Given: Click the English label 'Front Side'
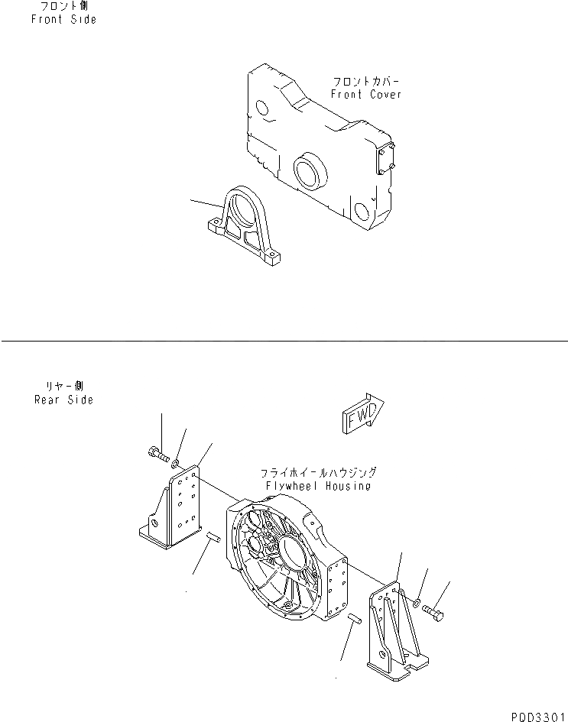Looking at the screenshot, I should click(x=64, y=20).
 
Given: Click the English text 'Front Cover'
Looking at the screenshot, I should click(x=365, y=95).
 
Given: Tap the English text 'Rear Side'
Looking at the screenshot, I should click(x=64, y=400).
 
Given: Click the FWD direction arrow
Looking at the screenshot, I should click(x=361, y=414).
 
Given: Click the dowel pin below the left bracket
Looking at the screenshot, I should click(x=213, y=540).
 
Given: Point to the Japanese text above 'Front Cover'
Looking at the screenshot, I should click(x=365, y=80).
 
